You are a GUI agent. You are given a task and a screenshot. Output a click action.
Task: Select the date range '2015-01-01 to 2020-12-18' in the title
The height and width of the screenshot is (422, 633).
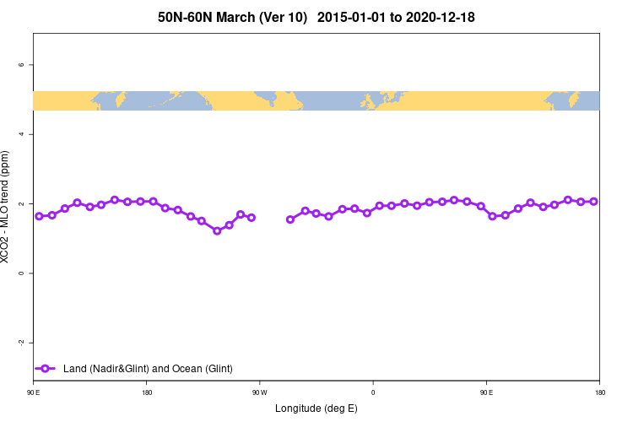[396, 17]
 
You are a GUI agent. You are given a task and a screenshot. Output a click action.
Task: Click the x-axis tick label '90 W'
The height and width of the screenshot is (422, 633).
[259, 392]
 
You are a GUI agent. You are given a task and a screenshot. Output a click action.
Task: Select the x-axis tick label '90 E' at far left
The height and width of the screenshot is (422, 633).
[33, 392]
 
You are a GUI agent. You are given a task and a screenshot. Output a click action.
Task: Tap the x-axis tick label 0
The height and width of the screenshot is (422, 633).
[373, 392]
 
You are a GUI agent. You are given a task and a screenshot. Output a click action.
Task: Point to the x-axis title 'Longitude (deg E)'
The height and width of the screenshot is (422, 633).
[316, 408]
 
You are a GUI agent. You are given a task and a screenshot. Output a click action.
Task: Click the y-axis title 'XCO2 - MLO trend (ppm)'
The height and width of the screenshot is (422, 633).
[8, 208]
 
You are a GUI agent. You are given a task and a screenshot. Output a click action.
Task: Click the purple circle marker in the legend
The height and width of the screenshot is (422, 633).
[46, 369]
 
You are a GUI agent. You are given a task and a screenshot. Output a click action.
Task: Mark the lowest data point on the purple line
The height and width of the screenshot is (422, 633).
[217, 230]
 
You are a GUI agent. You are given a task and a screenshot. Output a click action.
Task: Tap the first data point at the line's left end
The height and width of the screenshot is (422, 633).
[39, 216]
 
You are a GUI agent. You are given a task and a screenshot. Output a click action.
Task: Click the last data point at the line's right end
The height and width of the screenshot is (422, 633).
[594, 201]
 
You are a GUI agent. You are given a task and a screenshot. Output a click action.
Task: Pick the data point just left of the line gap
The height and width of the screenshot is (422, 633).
[252, 217]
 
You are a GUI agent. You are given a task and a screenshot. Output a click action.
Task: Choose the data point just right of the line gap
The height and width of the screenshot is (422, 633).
[290, 219]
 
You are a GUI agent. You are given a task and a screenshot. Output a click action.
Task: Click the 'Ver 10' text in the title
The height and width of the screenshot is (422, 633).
[284, 17]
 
